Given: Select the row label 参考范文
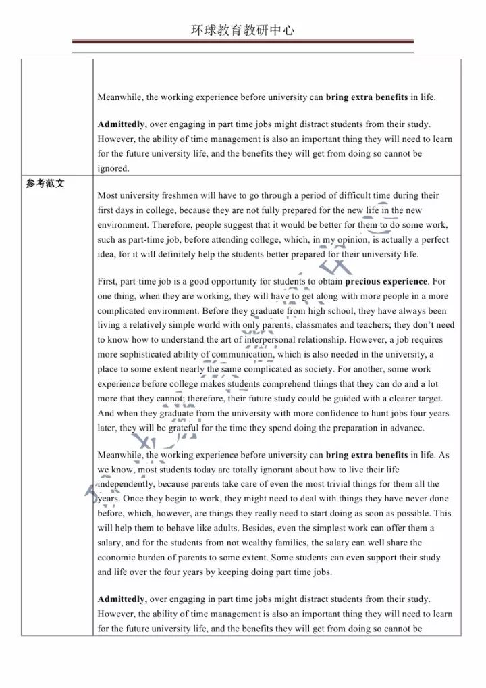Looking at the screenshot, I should pyautogui.click(x=46, y=182).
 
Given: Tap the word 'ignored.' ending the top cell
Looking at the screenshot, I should pyautogui.click(x=113, y=168).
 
